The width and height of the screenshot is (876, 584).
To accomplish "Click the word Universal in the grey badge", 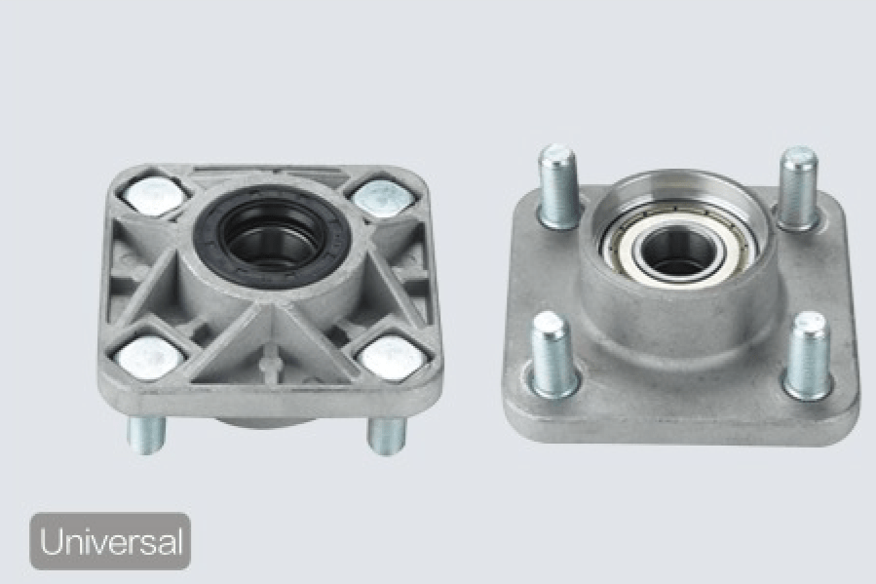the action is [111, 541].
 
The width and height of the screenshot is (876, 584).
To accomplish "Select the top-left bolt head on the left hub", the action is [151, 195].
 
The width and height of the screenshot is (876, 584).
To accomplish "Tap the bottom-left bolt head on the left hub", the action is [150, 357].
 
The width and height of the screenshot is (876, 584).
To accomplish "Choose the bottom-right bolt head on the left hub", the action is [391, 357].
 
